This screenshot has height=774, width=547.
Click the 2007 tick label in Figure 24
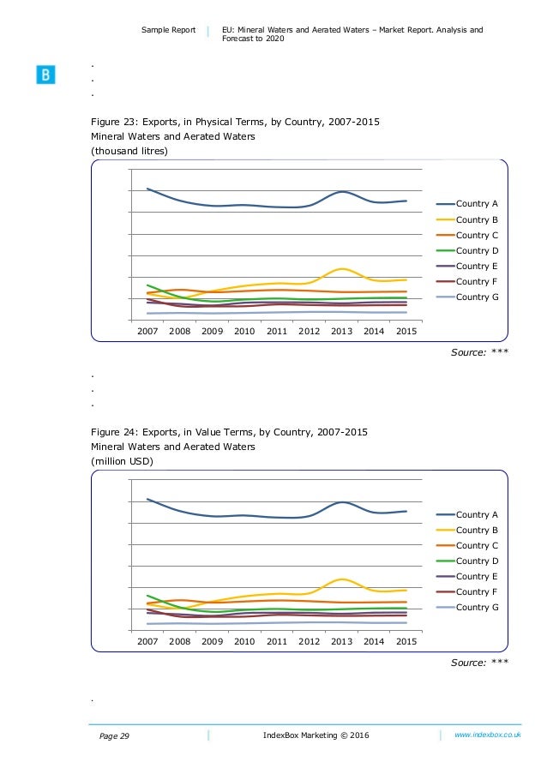[x=147, y=640]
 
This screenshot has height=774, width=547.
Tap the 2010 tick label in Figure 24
[x=244, y=640]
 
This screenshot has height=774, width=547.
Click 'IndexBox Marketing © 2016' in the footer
[x=317, y=736]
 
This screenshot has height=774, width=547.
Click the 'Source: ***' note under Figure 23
[x=479, y=351]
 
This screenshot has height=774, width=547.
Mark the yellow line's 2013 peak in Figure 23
[x=341, y=269]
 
